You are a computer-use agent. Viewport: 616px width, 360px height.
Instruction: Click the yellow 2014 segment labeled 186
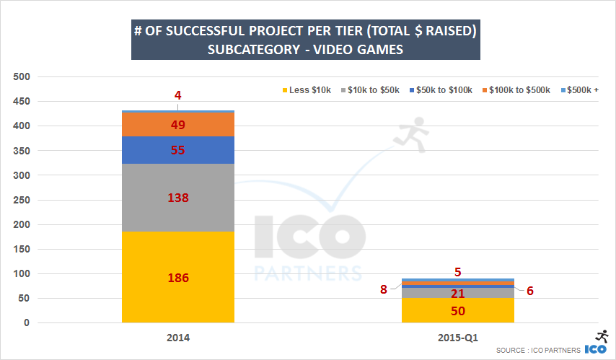pyautogui.click(x=178, y=277)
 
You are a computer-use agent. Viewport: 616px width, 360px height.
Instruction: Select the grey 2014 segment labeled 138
pyautogui.click(x=178, y=197)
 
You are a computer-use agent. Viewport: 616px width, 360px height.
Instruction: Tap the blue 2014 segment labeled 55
pyautogui.click(x=178, y=150)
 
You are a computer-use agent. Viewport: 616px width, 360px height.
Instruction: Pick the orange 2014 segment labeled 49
pyautogui.click(x=178, y=125)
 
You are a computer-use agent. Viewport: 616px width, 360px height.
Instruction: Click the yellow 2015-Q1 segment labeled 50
pyautogui.click(x=458, y=310)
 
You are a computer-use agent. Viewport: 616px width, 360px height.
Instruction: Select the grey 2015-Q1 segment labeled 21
pyautogui.click(x=458, y=293)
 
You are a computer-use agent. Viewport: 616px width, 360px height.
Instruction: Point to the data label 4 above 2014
pyautogui.click(x=178, y=95)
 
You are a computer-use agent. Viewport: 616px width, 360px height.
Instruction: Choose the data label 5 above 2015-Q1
pyautogui.click(x=458, y=272)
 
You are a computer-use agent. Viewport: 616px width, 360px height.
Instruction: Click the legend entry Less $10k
pyautogui.click(x=305, y=89)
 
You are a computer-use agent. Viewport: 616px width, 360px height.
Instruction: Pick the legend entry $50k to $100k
pyautogui.click(x=441, y=89)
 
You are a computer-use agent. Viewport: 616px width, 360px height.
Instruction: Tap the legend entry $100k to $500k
pyautogui.click(x=515, y=89)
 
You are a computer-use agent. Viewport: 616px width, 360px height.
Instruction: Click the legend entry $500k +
pyautogui.click(x=580, y=89)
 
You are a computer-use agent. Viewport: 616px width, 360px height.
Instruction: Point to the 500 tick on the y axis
pyautogui.click(x=21, y=76)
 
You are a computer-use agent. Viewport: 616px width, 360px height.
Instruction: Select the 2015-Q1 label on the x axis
pyautogui.click(x=458, y=338)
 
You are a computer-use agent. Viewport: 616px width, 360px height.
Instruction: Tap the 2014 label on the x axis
pyautogui.click(x=178, y=338)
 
